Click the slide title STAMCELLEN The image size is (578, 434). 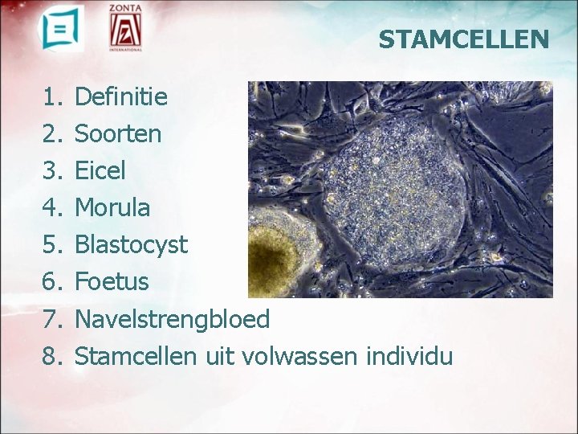coord(464,39)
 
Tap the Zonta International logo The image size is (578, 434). coord(126,29)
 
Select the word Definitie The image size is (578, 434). coord(120,97)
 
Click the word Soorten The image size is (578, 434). coord(117,133)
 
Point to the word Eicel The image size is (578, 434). coord(100,170)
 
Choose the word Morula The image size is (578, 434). coord(112,207)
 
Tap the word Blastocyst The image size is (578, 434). coord(130,244)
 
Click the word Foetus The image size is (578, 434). coord(111,281)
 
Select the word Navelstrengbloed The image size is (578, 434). coord(172,319)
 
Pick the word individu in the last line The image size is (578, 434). coord(409,355)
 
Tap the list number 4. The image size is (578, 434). coord(52,207)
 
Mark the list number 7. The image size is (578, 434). coord(52,319)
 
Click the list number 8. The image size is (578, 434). coord(52,355)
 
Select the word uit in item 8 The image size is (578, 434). coord(218,355)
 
